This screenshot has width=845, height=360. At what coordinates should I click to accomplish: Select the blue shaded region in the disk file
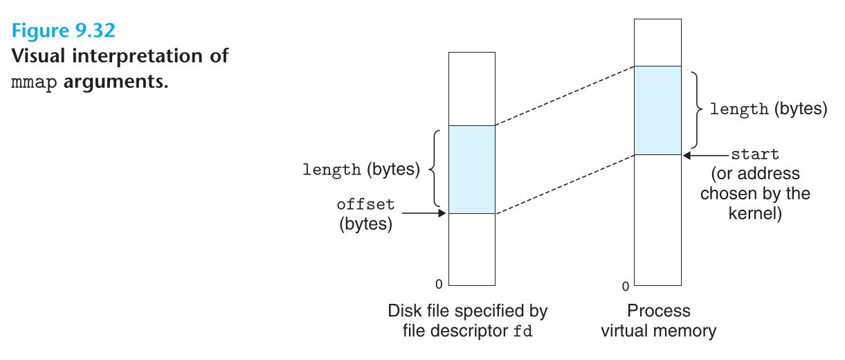click(x=471, y=169)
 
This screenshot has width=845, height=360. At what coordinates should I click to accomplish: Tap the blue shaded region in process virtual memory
click(x=657, y=110)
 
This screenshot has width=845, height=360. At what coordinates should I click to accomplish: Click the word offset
click(x=365, y=204)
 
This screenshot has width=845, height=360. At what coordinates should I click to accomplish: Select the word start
click(x=755, y=154)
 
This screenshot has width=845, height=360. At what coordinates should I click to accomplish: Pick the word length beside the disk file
click(x=332, y=170)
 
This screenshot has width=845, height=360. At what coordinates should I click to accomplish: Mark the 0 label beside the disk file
click(x=438, y=284)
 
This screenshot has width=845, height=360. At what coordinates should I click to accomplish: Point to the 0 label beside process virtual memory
click(x=625, y=286)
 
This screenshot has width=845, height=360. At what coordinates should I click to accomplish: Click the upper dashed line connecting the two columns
click(x=564, y=96)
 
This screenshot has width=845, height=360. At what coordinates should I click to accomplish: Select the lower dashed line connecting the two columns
click(x=564, y=184)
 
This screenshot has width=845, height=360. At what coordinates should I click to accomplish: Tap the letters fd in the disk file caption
click(x=523, y=331)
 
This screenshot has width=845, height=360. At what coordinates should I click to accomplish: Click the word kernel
click(x=754, y=213)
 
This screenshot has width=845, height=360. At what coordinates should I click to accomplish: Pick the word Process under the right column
click(x=658, y=311)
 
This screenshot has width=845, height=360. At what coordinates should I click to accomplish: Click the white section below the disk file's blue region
click(x=471, y=249)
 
